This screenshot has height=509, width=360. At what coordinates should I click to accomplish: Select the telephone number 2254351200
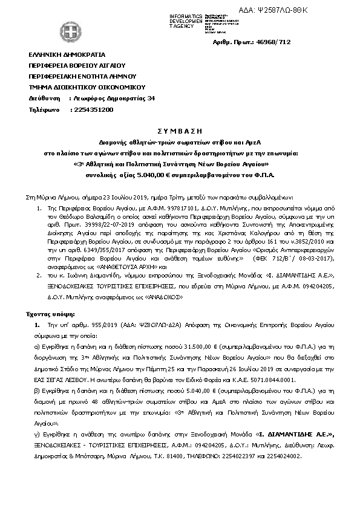pos(92,110)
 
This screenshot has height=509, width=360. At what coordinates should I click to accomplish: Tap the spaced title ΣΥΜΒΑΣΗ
pos(182,130)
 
